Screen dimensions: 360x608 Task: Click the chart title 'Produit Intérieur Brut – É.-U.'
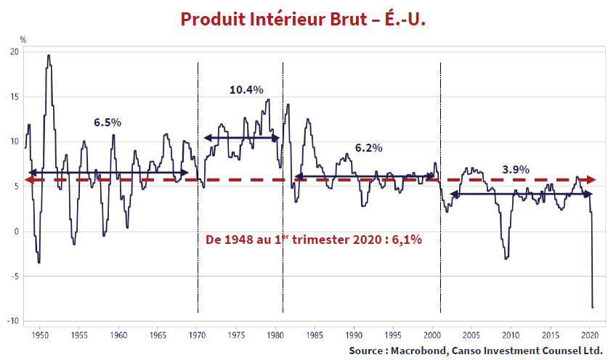[303, 19]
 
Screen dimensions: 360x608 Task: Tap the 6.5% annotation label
[108, 122]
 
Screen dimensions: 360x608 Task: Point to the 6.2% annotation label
[368, 147]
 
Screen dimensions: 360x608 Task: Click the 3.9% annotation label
[516, 169]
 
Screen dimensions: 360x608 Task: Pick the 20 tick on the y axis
[15, 52]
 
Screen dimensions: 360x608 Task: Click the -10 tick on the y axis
[12, 321]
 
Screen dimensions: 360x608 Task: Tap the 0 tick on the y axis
[17, 232]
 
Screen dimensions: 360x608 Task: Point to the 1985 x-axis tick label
[315, 335]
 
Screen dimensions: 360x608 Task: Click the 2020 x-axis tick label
[589, 335]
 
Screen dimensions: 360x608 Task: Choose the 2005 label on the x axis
[471, 335]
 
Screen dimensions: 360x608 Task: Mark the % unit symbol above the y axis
[23, 39]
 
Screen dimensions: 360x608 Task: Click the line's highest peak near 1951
[48, 55]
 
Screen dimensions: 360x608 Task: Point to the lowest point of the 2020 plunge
[593, 308]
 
